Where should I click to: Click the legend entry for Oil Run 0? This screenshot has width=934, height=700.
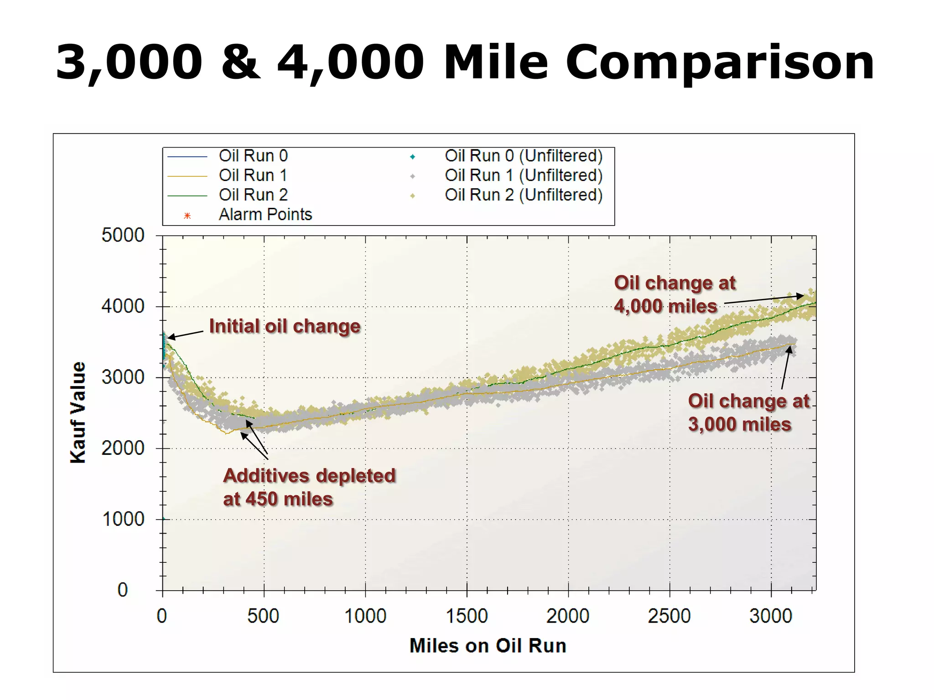coord(253,156)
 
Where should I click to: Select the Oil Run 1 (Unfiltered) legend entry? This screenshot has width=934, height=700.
coord(524,175)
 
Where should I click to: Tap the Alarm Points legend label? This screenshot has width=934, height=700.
coord(265,215)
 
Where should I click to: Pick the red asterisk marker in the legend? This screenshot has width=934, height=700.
coord(187,216)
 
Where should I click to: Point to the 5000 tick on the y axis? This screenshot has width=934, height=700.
coord(123,236)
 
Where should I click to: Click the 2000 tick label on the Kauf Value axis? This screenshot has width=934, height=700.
coord(123,448)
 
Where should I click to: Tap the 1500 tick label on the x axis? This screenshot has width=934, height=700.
coord(467,616)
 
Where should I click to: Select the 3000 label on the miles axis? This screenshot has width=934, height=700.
coord(771,616)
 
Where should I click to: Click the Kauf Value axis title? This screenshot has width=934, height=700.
coord(78,412)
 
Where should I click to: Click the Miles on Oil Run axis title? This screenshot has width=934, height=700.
coord(488,646)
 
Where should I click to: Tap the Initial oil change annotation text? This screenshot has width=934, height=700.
coord(285,326)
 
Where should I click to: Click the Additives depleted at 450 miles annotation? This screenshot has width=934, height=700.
coord(309,487)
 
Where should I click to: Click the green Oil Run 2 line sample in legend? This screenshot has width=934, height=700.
coord(187,196)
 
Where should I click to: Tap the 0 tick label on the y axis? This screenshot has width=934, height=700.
coord(123,590)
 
